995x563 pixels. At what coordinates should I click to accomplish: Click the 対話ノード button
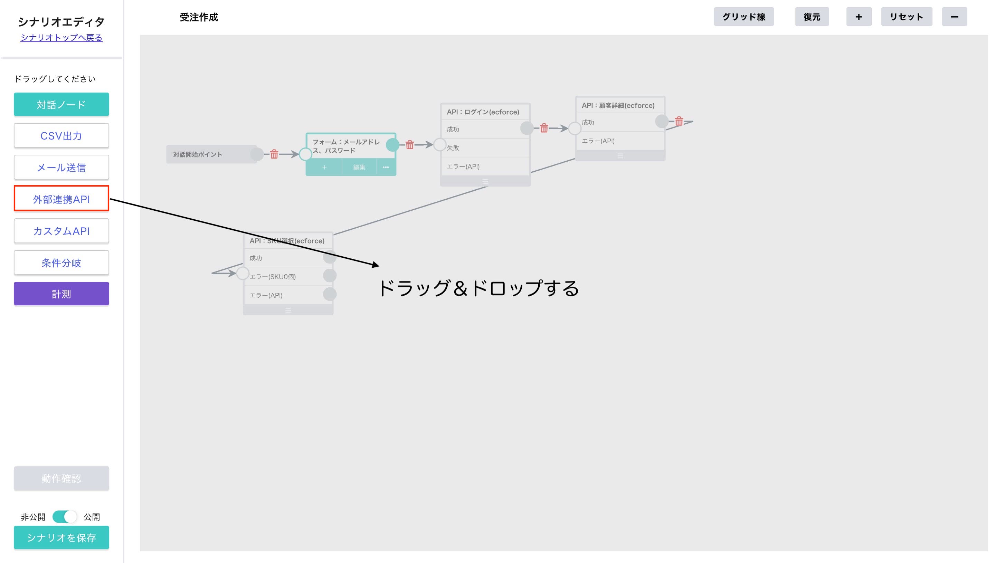(61, 104)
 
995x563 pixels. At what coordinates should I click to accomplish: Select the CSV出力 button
(61, 136)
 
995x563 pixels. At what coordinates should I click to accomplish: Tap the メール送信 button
(61, 168)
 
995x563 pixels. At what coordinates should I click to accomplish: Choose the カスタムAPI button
(61, 231)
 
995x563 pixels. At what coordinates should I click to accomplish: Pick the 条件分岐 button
(61, 263)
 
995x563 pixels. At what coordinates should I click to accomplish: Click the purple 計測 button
(61, 294)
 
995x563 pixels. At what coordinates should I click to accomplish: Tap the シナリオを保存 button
(61, 537)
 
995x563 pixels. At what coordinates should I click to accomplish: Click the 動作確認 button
(61, 478)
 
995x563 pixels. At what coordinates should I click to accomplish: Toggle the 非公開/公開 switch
(65, 517)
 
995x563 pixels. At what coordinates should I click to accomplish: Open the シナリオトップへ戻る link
(61, 38)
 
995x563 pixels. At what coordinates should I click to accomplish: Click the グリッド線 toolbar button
(743, 17)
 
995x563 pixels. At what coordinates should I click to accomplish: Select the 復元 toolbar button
(812, 17)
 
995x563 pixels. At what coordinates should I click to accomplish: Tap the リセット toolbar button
(906, 17)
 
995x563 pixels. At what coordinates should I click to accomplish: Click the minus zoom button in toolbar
(954, 17)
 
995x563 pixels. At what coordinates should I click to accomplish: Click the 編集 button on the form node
(359, 167)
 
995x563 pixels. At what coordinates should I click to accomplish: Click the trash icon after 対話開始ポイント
(274, 154)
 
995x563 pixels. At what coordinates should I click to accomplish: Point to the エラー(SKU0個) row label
(273, 276)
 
